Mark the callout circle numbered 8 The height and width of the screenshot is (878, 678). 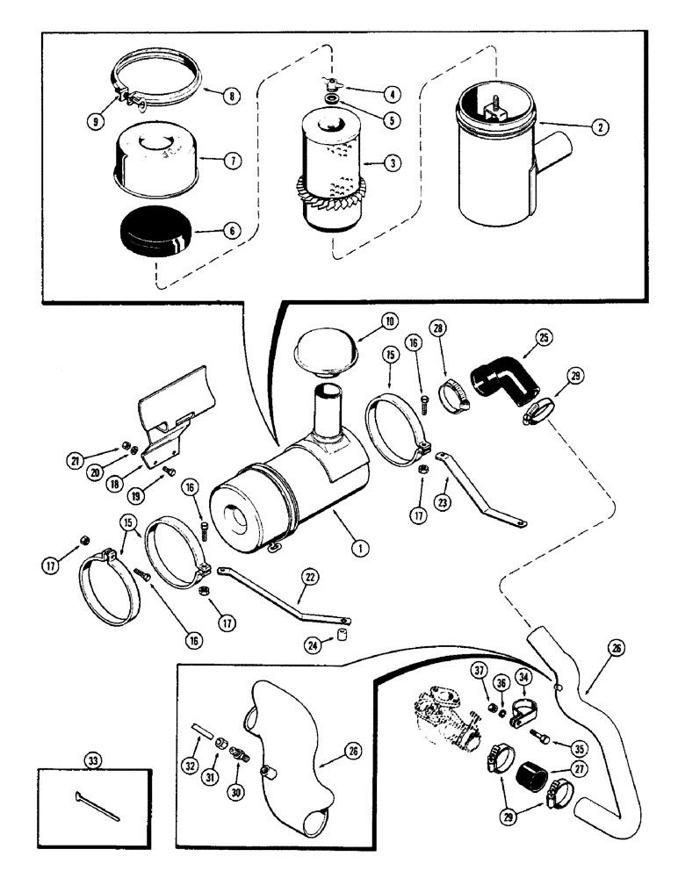[x=232, y=97]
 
